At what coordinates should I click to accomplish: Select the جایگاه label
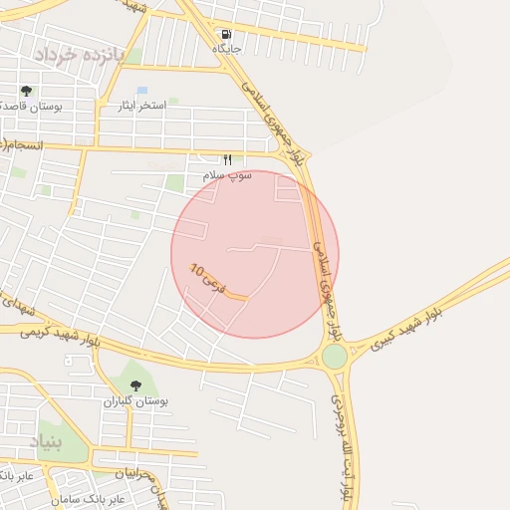point(227,48)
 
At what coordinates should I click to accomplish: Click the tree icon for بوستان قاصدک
point(26,91)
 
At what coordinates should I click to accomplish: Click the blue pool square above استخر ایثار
point(142,91)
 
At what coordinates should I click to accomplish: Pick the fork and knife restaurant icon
point(227,159)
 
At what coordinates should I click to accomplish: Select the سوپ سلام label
point(227,174)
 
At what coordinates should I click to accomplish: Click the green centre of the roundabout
point(335,356)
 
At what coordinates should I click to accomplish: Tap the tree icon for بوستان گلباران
point(135,385)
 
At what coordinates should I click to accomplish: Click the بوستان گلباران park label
point(135,400)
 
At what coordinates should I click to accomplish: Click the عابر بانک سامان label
point(117,495)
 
